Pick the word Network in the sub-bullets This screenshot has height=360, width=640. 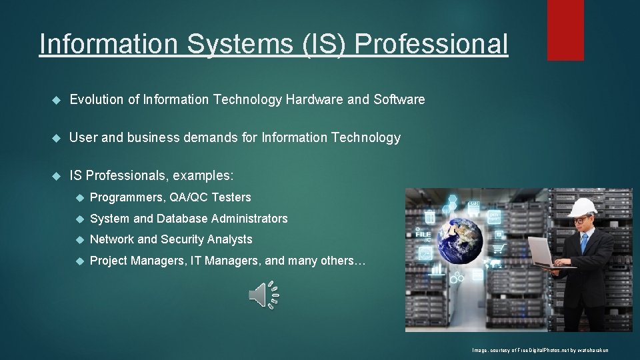point(111,239)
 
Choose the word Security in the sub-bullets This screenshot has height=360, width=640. point(183,239)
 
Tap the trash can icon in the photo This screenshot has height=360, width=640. point(430,217)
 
